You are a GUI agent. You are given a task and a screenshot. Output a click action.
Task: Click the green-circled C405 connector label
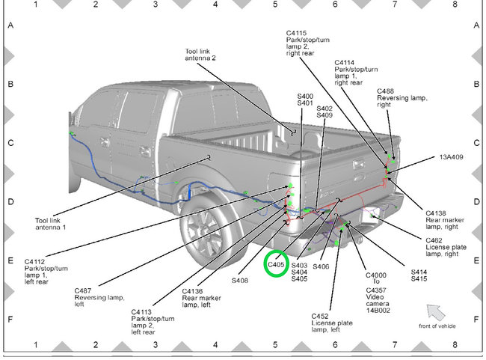pos(277,263)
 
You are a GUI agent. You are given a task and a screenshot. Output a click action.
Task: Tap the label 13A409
pos(451,158)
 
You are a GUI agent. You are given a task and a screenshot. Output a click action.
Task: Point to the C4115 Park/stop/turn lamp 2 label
pos(307,43)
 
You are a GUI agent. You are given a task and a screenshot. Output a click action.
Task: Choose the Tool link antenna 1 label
pos(51,224)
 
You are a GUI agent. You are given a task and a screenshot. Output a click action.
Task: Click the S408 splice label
pos(239,281)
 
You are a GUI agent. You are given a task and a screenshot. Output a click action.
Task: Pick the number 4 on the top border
pos(215,4)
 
